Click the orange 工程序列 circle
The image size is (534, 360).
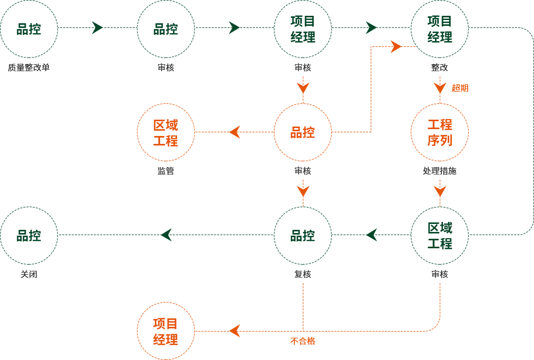click(x=440, y=132)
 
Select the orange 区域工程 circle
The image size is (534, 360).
click(x=166, y=133)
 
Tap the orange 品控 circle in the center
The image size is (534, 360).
click(x=303, y=132)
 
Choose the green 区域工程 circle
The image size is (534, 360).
click(x=440, y=236)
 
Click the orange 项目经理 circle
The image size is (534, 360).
click(x=166, y=332)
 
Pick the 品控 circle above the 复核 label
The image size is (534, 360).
click(x=303, y=236)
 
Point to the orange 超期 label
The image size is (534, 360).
click(x=460, y=88)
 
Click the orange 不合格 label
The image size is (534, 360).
click(x=302, y=341)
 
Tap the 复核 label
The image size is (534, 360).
click(x=303, y=274)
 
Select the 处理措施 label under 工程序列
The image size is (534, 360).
click(x=439, y=171)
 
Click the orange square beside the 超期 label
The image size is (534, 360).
click(x=440, y=88)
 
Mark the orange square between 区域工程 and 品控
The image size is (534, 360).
click(x=234, y=132)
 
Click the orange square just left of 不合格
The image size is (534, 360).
click(x=234, y=334)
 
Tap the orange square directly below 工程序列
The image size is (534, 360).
click(x=440, y=191)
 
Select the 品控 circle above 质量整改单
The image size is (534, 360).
click(x=29, y=29)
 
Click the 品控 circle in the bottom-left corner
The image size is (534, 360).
click(x=29, y=236)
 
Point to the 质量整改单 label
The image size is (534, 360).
click(x=29, y=67)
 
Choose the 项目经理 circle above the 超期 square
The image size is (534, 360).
click(x=440, y=29)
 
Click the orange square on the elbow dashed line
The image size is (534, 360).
click(x=396, y=46)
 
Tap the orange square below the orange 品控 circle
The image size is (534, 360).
click(x=303, y=191)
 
